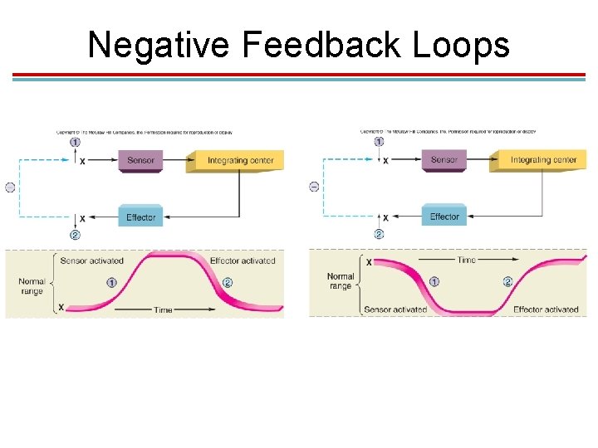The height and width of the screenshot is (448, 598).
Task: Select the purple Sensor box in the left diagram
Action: point(140,160)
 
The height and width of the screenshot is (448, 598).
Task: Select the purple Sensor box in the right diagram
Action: point(444,159)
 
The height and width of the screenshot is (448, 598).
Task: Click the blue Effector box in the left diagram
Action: point(140,217)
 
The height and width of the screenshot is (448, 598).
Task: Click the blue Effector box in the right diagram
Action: point(444,217)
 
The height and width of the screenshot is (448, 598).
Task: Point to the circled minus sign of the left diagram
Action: point(10,187)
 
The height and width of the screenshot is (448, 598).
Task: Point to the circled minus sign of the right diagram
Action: point(314,187)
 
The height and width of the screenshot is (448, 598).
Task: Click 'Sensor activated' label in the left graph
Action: point(91,261)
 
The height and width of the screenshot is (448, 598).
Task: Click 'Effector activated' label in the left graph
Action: point(243,261)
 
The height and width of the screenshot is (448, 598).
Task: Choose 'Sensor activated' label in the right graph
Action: point(395,309)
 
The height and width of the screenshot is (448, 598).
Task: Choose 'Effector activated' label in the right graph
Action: point(546,309)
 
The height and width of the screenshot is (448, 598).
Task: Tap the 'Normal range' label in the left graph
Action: point(32,287)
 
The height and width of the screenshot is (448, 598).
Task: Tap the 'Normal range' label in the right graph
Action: point(341,281)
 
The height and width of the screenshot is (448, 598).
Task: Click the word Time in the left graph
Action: point(163,309)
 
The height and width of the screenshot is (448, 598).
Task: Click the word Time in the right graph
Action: point(467,261)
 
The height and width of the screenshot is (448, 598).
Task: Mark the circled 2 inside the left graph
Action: point(227,283)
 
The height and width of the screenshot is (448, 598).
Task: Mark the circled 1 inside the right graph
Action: point(434,282)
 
